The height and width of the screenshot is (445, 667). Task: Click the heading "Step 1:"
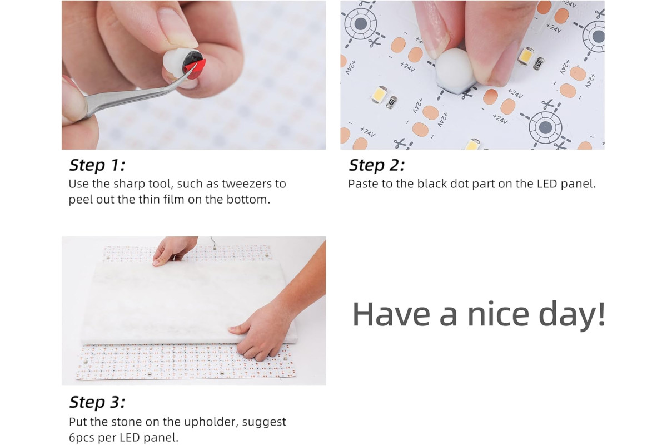(97, 165)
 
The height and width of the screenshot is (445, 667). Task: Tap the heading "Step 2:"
(377, 165)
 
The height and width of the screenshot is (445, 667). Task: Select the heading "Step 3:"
(97, 402)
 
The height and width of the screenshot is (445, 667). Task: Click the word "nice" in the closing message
(499, 314)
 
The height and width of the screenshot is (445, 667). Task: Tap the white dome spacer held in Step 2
(455, 71)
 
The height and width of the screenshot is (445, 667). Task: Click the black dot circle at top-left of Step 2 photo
(360, 23)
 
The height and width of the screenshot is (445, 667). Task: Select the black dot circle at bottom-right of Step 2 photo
(545, 127)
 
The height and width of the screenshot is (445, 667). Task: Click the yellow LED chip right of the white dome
(525, 56)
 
